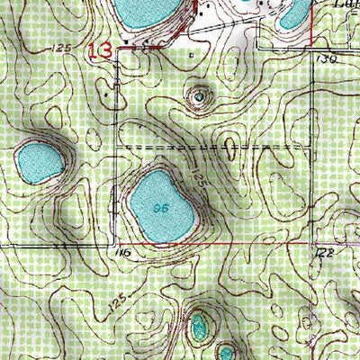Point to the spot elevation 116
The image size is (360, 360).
click(x=123, y=254)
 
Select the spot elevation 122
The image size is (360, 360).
click(x=325, y=254)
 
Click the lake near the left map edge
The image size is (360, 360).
click(x=38, y=162)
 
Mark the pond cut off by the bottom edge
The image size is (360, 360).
click(x=225, y=350)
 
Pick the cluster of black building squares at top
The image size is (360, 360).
click(x=205, y=11)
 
